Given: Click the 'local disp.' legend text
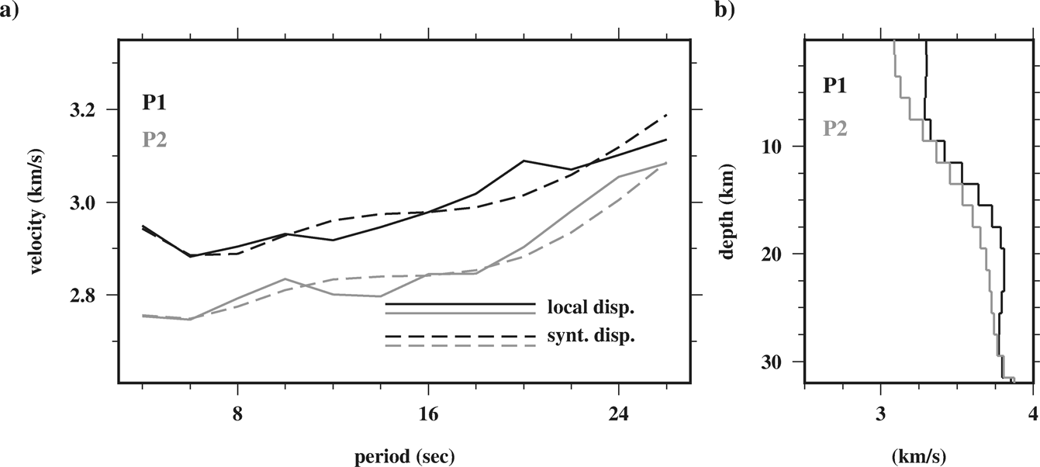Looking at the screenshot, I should (590, 307).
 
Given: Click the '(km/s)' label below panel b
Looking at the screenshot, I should (919, 452).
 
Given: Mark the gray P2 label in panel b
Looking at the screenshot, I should (835, 127).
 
